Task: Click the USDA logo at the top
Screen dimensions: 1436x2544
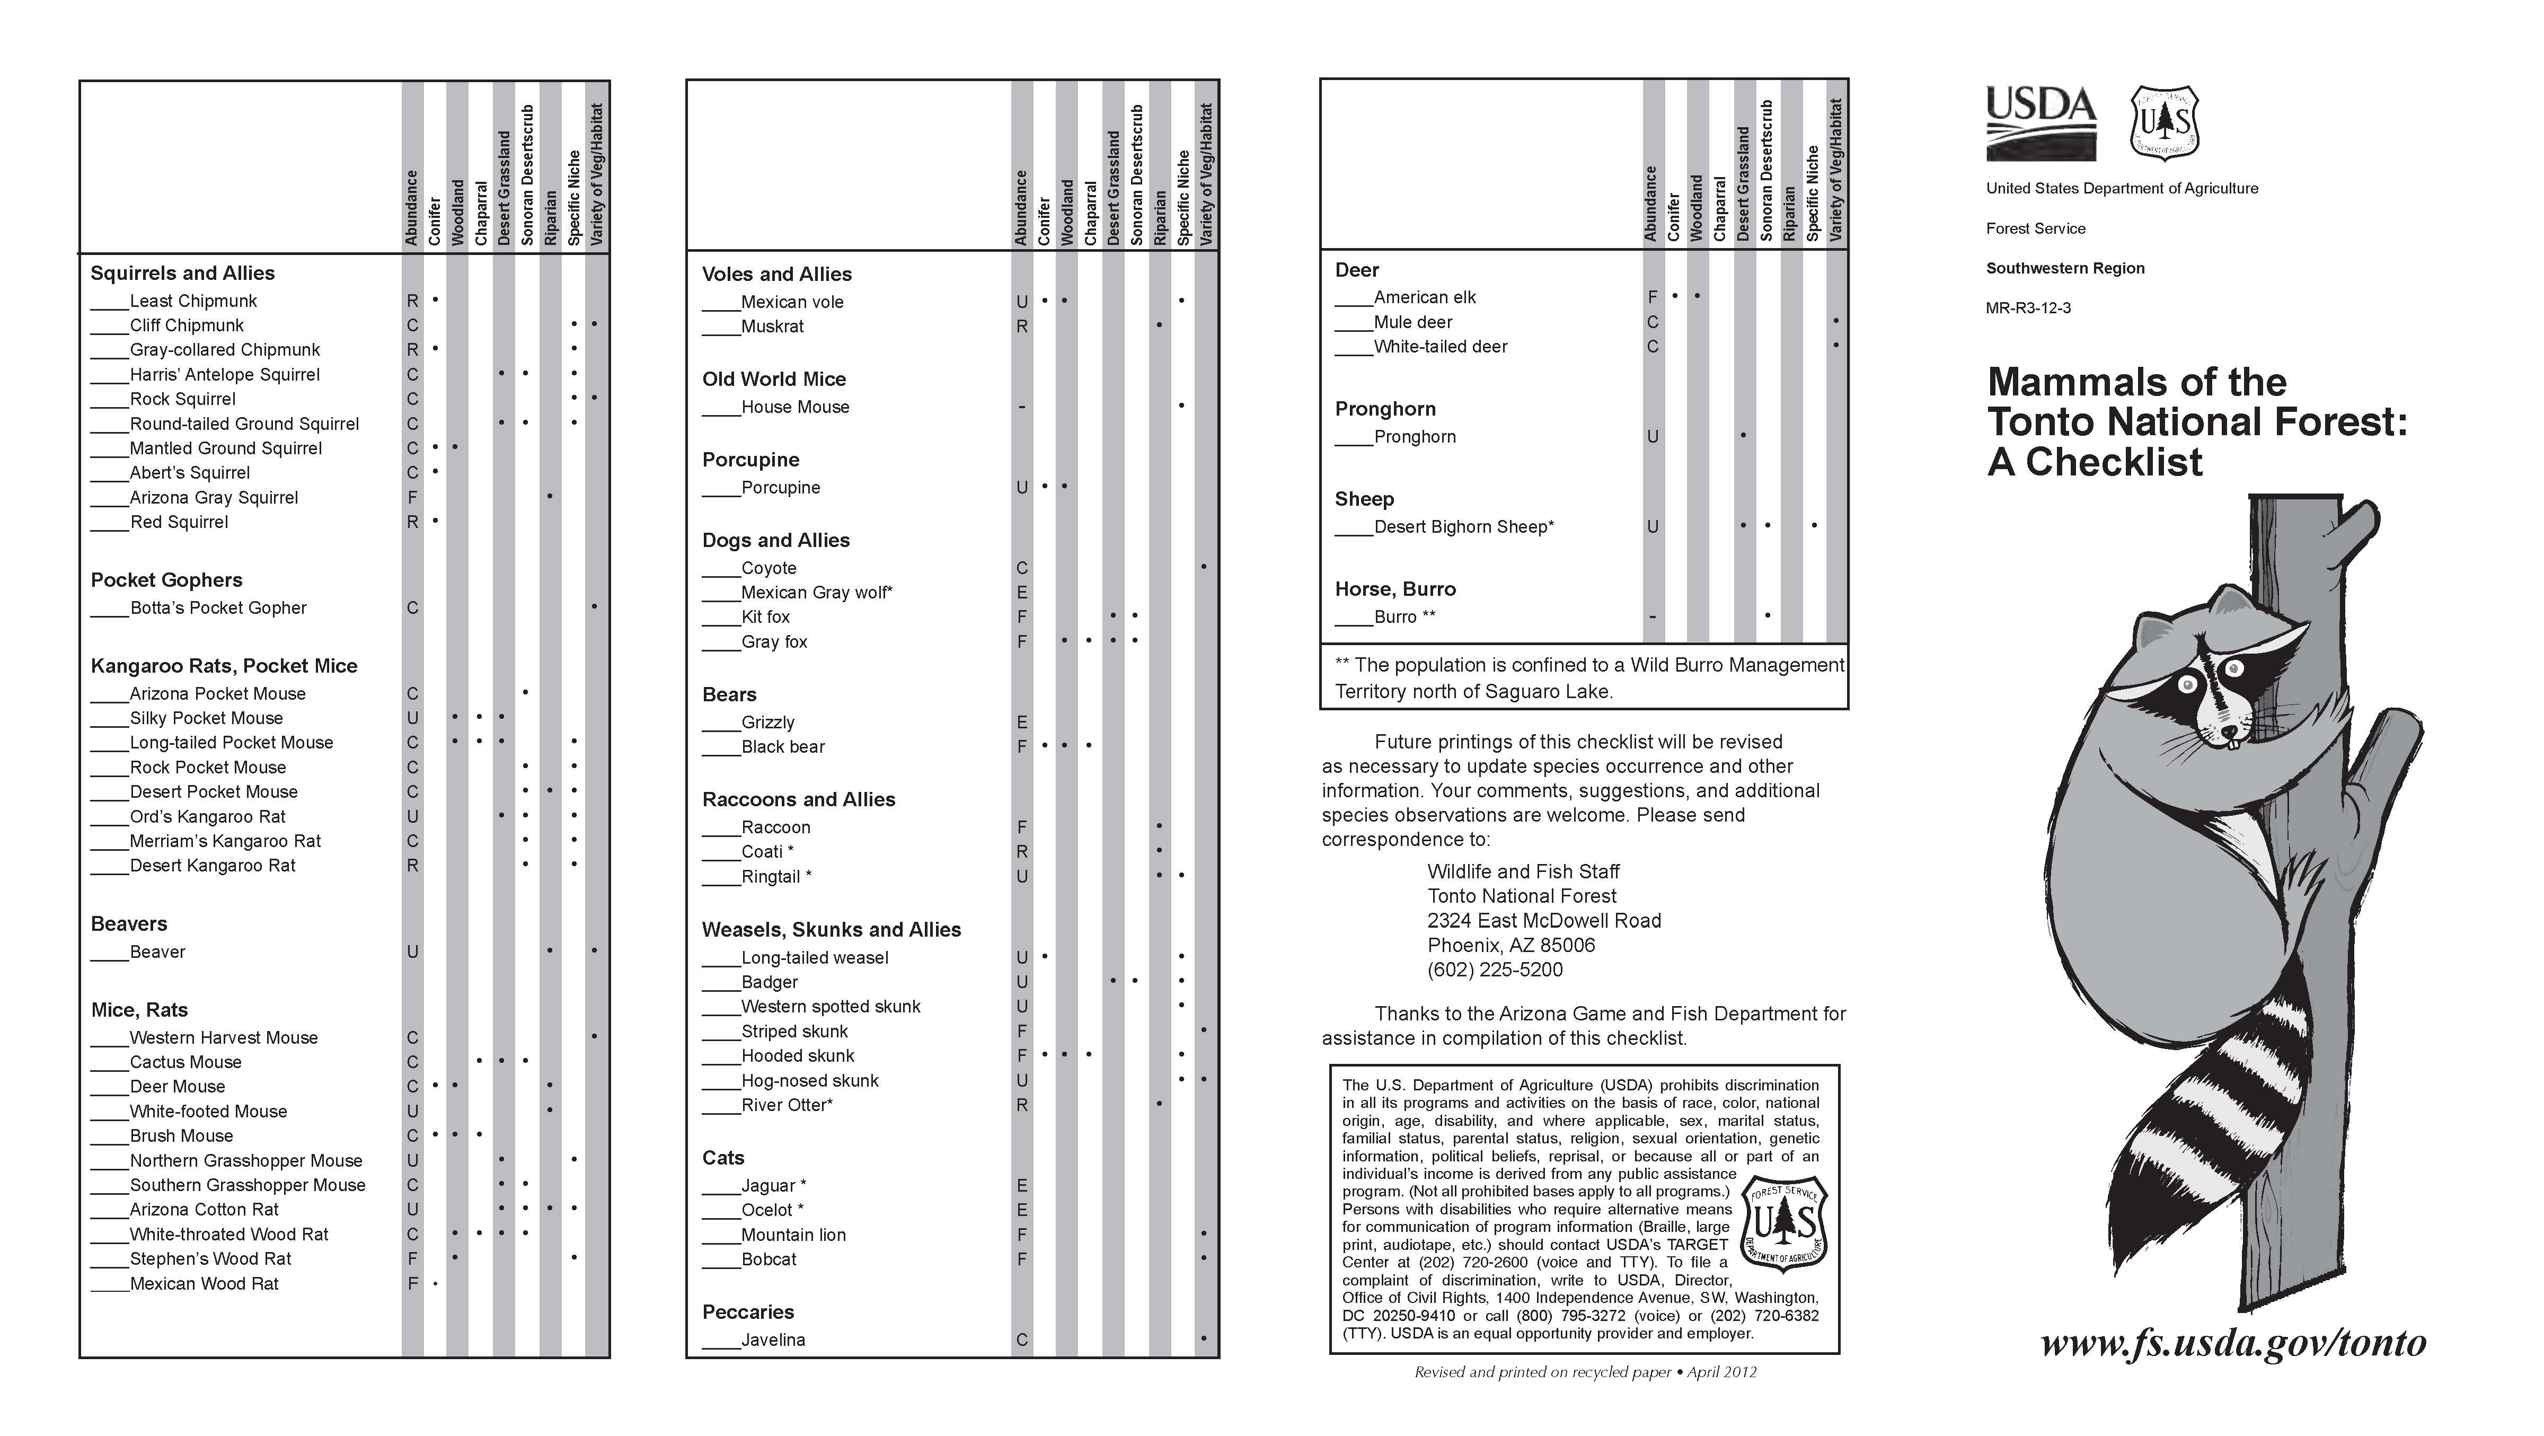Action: (2040, 122)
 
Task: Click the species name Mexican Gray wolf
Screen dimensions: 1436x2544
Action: (816, 593)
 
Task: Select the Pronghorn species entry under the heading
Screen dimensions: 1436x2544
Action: (1414, 437)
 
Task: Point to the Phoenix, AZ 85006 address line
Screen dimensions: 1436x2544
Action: (1511, 945)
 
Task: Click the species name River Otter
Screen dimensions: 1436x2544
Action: (786, 1105)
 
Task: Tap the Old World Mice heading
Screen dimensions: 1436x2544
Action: (773, 379)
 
